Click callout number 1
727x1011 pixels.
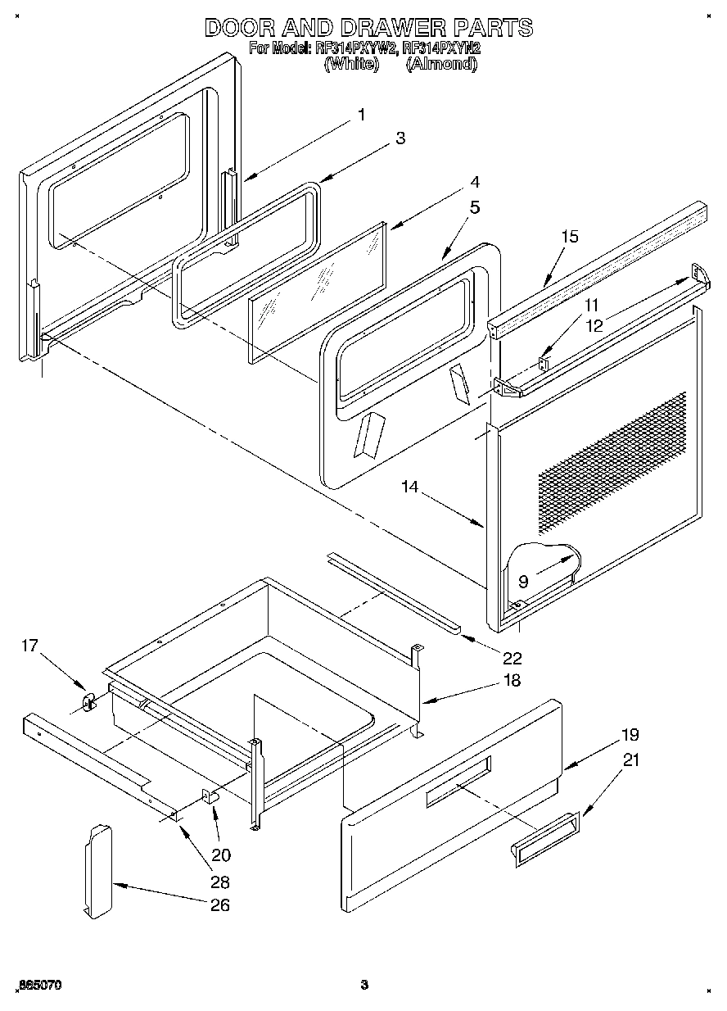click(361, 116)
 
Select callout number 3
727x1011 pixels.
click(400, 138)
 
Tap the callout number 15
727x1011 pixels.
click(570, 237)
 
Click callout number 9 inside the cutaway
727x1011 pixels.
click(523, 583)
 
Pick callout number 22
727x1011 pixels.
click(513, 657)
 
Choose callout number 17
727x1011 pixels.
click(29, 646)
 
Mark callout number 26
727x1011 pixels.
click(219, 905)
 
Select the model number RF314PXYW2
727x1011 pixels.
click(355, 48)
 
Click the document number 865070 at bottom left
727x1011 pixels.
click(38, 984)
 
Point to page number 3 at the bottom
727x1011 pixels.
click(365, 984)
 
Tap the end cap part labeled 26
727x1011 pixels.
click(97, 870)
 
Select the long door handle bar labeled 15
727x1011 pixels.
click(598, 266)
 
